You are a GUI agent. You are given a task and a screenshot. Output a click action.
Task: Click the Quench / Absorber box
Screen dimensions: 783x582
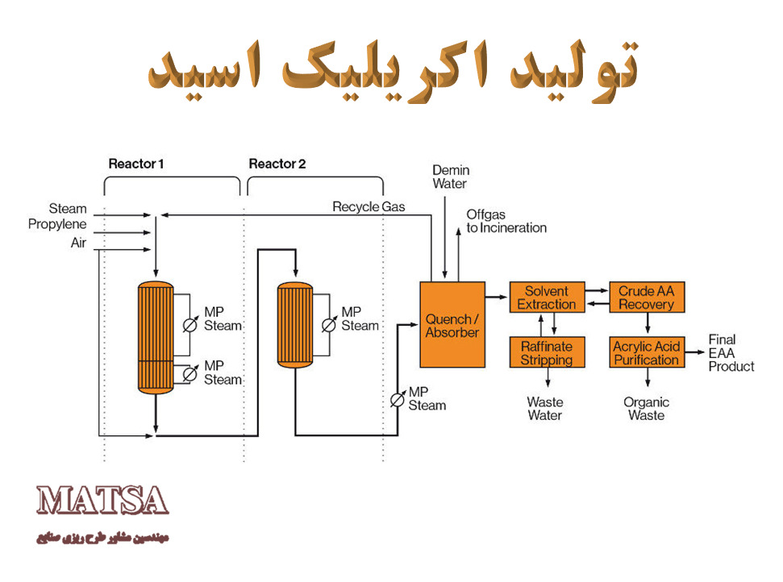pyautogui.click(x=452, y=325)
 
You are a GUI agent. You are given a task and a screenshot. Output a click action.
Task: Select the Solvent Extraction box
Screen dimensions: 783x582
pyautogui.click(x=547, y=297)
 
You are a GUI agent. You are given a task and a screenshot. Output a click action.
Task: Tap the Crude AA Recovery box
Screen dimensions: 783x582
pyautogui.click(x=647, y=297)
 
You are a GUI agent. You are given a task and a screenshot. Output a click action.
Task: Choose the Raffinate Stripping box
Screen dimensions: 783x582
pyautogui.click(x=547, y=352)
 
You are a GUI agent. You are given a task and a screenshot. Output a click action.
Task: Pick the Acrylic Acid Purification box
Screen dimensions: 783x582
pyautogui.click(x=647, y=352)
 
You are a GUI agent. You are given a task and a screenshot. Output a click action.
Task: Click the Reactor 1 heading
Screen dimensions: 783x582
pyautogui.click(x=135, y=164)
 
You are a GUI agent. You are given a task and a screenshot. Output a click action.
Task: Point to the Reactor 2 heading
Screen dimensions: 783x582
pyautogui.click(x=277, y=164)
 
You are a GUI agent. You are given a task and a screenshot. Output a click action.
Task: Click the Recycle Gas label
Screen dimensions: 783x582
pyautogui.click(x=369, y=206)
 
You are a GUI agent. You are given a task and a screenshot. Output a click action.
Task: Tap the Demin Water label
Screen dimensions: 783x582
pyautogui.click(x=451, y=177)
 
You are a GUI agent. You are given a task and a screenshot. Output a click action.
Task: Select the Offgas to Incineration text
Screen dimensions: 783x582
pyautogui.click(x=506, y=221)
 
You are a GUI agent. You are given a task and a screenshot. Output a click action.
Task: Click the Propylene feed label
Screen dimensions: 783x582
pyautogui.click(x=57, y=224)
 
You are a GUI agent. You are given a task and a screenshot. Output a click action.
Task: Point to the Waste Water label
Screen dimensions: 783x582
pyautogui.click(x=545, y=409)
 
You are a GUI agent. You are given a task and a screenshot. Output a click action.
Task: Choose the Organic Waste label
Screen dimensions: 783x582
pyautogui.click(x=646, y=409)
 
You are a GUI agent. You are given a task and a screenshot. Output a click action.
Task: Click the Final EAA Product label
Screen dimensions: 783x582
pyautogui.click(x=731, y=353)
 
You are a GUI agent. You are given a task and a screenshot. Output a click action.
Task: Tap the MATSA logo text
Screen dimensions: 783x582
pyautogui.click(x=102, y=501)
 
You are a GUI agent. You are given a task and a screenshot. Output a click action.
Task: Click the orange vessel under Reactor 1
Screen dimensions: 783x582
pyautogui.click(x=156, y=338)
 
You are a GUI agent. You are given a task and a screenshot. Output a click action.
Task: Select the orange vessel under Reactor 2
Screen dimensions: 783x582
pyautogui.click(x=295, y=325)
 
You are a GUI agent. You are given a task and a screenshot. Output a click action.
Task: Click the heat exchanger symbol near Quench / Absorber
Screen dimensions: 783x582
pyautogui.click(x=398, y=400)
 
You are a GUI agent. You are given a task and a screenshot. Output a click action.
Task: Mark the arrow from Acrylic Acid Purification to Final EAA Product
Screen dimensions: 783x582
pyautogui.click(x=694, y=352)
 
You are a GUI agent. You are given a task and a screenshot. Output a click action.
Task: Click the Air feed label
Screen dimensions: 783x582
pyautogui.click(x=78, y=243)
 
